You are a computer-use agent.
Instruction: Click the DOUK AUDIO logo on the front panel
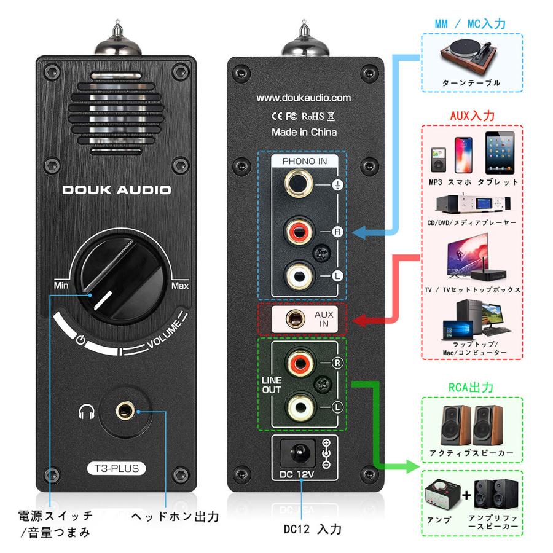tap(116, 190)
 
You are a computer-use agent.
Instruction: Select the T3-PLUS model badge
tap(116, 469)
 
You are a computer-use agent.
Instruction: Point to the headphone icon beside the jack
tap(87, 410)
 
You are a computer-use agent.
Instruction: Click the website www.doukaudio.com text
tap(304, 97)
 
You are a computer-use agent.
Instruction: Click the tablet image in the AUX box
tap(500, 151)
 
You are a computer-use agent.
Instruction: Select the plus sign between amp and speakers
tap(466, 494)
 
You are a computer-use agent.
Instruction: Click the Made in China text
tap(304, 132)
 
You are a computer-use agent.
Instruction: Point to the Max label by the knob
tap(179, 285)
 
